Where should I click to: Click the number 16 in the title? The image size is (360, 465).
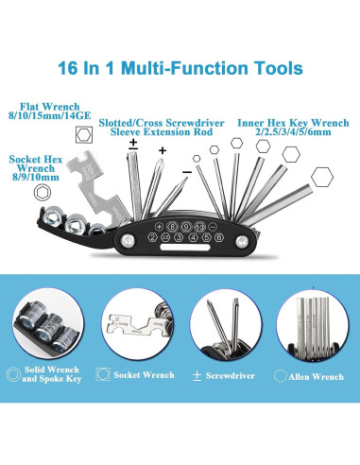point(67,68)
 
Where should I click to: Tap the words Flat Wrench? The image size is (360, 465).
point(50,107)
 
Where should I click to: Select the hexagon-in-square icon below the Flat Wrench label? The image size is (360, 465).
point(84,134)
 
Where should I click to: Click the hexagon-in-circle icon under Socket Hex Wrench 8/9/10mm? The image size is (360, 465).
point(43,193)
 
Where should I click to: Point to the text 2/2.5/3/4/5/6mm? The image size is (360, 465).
point(293,132)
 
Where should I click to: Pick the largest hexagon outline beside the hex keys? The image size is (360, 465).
point(322,178)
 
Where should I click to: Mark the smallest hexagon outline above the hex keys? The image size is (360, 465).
point(197,159)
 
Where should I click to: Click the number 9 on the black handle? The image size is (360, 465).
point(186,226)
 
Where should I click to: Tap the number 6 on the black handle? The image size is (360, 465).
point(219,237)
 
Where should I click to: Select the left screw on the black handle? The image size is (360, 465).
point(128,241)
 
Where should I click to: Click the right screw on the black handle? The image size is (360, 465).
point(242,242)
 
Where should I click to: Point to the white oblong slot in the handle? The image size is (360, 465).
point(185,248)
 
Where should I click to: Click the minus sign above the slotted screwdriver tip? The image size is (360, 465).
point(187,172)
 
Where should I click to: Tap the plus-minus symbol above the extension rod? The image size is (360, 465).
point(133,144)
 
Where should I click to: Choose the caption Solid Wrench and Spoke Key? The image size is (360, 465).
point(52,374)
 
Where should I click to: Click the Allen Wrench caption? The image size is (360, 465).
point(316,377)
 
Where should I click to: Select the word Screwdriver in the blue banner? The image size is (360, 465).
point(231,375)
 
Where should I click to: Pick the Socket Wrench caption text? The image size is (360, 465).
point(144,375)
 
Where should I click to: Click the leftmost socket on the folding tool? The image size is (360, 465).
point(54,215)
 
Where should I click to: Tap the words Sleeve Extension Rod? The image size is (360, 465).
point(162,131)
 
